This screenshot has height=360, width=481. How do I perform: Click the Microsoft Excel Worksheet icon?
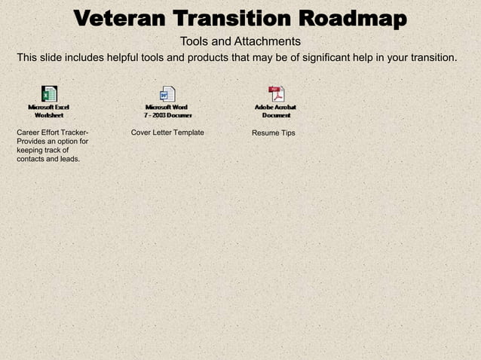click(x=49, y=94)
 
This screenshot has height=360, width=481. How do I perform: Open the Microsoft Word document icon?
click(x=167, y=94)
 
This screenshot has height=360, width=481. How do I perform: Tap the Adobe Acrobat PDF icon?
click(x=277, y=94)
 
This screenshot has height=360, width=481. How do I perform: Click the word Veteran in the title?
click(x=120, y=18)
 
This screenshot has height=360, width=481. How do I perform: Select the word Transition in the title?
click(x=231, y=18)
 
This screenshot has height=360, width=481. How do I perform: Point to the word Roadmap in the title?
click(x=351, y=18)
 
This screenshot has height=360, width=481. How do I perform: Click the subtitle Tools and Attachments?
click(x=240, y=41)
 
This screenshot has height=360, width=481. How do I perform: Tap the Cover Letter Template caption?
click(x=167, y=133)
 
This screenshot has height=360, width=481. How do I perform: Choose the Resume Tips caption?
click(x=274, y=133)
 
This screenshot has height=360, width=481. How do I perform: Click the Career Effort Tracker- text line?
click(x=52, y=133)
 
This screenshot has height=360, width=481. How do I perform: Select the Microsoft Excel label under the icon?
click(x=49, y=107)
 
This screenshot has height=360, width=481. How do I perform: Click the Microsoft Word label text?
click(x=167, y=107)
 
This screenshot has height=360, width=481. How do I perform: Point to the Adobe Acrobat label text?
click(x=277, y=107)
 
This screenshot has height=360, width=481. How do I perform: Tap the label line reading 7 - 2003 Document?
click(x=168, y=115)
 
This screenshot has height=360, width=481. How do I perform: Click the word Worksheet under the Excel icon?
click(x=49, y=115)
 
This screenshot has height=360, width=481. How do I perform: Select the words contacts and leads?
click(x=47, y=159)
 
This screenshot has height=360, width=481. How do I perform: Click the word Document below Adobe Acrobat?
click(x=277, y=115)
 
